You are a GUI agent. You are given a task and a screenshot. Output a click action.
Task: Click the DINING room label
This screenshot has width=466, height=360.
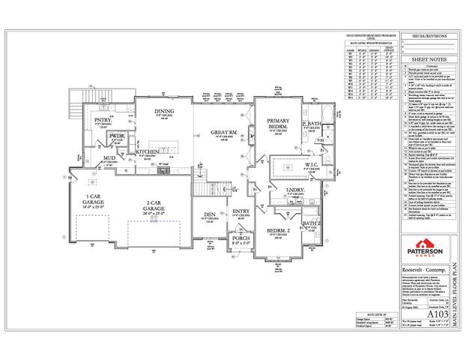[163, 111]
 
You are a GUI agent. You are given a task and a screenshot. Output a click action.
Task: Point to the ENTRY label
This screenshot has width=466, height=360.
[240, 212]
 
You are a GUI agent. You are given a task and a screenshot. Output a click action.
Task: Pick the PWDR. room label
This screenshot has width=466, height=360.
[117, 137]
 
